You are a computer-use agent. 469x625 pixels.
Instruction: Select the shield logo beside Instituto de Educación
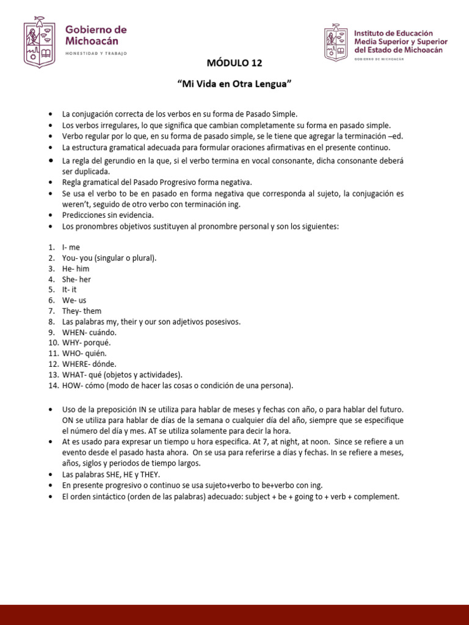[x=335, y=42]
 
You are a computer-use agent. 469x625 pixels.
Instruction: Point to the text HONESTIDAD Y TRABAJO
[x=96, y=54]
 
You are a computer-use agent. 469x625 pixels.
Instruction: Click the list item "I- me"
[x=71, y=247]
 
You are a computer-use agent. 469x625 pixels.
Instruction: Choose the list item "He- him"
[x=75, y=269]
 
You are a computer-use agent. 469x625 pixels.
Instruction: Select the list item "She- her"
[x=76, y=279]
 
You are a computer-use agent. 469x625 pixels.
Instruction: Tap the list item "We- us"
[x=74, y=300]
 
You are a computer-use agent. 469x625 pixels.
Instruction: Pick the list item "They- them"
[x=81, y=311]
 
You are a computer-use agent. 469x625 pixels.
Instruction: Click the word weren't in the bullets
[x=75, y=204]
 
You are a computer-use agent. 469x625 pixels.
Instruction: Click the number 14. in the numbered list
[x=53, y=385]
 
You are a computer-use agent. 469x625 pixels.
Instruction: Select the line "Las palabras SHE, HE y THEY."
[x=111, y=475]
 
